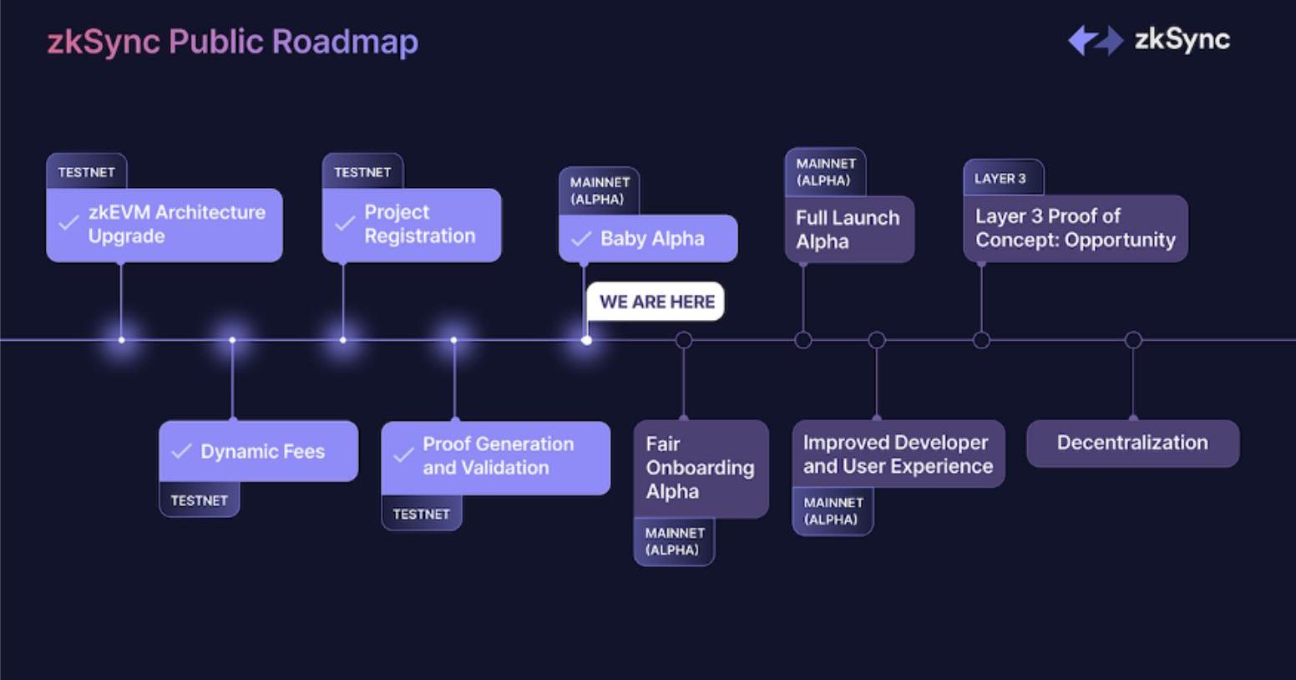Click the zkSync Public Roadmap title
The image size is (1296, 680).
point(232,42)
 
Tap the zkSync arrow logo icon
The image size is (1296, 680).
point(1095,40)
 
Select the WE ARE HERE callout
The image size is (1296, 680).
point(656,302)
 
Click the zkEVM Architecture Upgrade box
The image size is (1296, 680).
point(165,225)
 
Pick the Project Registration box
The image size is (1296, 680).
point(412,225)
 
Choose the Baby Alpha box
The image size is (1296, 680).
point(648,239)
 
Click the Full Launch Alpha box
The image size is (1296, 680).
point(848,230)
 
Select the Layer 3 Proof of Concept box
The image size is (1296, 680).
point(1075,228)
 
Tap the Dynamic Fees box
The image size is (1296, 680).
point(259,451)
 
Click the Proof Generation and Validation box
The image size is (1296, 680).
point(496,456)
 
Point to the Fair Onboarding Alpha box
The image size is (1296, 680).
point(701,468)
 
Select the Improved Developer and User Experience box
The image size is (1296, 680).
point(898,454)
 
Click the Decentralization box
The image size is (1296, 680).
point(1132,443)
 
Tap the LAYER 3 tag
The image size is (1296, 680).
point(1000,178)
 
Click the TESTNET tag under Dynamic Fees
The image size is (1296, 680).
point(199,500)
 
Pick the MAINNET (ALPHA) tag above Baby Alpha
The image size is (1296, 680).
point(598,190)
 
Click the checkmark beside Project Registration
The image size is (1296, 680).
point(344,224)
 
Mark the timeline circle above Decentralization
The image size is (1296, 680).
point(1133,340)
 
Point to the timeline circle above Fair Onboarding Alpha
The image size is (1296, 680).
point(684,340)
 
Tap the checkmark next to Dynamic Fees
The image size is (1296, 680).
point(181,451)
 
